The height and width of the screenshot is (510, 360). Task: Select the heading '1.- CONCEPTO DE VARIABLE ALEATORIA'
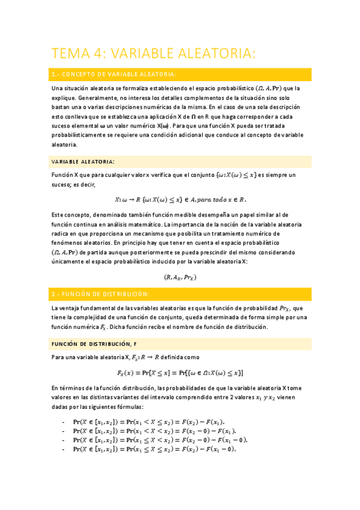click(114, 75)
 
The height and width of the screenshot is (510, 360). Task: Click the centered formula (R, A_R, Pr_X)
click(180, 277)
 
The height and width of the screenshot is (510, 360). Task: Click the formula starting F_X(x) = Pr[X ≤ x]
click(180, 372)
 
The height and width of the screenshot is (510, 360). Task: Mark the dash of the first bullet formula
click(63, 422)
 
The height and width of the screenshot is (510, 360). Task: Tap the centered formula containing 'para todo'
click(180, 200)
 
